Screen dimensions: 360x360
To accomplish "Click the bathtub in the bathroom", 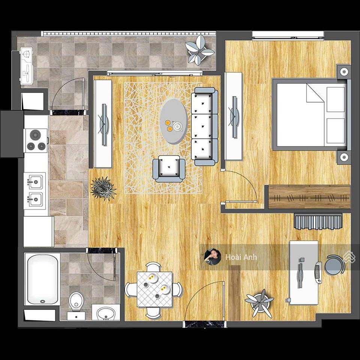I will (x=42, y=279).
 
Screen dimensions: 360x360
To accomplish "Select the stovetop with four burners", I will (x=36, y=140).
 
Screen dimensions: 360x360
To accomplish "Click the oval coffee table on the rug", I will (x=174, y=121).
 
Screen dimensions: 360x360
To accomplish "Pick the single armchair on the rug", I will (x=169, y=168).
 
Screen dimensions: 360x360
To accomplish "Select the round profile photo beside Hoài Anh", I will (x=212, y=257).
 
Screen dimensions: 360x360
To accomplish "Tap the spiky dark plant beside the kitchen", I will (x=103, y=188).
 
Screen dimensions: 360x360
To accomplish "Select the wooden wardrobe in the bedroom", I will (x=309, y=197).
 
